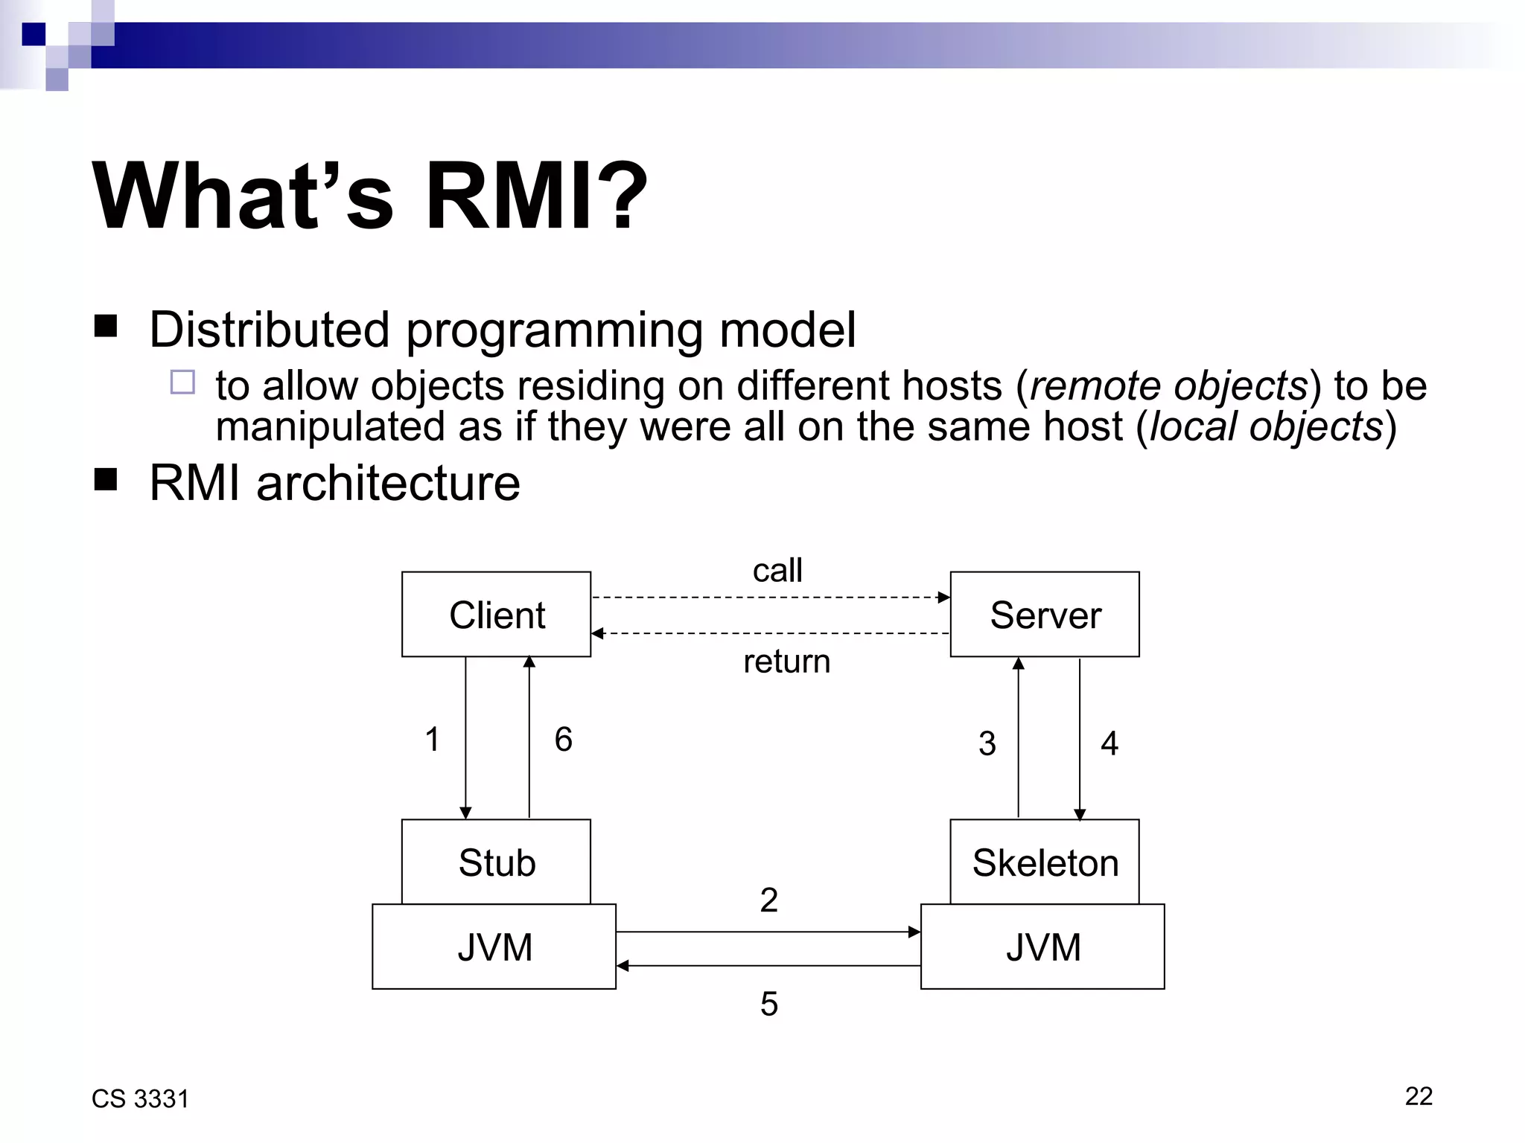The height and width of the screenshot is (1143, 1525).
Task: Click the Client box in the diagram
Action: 496,615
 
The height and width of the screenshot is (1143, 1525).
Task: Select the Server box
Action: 1044,615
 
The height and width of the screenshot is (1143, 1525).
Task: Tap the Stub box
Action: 496,862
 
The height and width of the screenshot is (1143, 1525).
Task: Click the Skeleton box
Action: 1044,862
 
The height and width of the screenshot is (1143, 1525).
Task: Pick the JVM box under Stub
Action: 494,947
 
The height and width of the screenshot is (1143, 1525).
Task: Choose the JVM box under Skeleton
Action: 1042,947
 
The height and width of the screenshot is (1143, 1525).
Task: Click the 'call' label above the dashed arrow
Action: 777,571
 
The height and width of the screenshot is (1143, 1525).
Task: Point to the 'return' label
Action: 786,662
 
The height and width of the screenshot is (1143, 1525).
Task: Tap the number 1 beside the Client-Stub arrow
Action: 432,740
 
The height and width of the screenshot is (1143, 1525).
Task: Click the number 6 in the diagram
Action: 563,740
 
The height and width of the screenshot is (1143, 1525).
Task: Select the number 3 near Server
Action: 987,743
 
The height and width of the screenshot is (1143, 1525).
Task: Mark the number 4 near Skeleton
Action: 1109,743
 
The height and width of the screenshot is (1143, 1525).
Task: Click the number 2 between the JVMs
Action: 768,900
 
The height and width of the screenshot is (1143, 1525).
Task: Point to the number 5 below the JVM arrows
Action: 768,1004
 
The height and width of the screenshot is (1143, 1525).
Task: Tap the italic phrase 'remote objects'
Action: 1168,386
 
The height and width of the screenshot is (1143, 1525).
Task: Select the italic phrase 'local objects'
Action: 1266,427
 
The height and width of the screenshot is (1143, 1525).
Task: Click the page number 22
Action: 1418,1096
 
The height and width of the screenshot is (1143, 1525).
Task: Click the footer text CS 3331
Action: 140,1099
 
